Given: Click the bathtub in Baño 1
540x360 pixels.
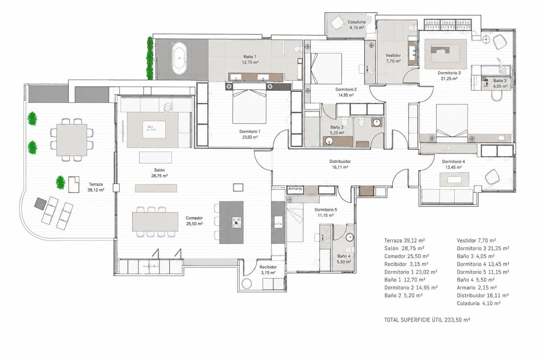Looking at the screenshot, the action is [x=179, y=58].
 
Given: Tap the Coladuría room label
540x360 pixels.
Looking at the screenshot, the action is [x=356, y=25].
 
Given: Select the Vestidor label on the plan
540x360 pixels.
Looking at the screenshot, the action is [x=393, y=58].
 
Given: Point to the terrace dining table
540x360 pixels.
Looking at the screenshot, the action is [x=72, y=140].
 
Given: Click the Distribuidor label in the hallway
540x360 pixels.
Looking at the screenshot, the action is [x=340, y=164].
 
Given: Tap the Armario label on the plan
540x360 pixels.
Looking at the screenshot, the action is [x=295, y=189].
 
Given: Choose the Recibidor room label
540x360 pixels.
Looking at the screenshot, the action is [x=268, y=270].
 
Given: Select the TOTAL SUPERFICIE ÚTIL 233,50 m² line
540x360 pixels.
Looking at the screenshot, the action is [x=427, y=320].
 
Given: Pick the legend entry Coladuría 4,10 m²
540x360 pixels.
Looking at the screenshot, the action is [x=478, y=303].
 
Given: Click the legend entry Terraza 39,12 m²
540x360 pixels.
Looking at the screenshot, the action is [x=404, y=240].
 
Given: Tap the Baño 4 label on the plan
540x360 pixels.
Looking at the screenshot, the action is [x=344, y=259].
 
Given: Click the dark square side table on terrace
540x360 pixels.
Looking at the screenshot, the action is [x=41, y=203].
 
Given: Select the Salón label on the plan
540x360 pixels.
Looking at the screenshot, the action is [x=159, y=173].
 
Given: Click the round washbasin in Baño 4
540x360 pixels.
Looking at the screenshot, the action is [x=350, y=237].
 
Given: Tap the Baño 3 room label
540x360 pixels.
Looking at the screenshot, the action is [x=500, y=83].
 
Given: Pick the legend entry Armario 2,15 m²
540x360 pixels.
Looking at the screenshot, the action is [x=477, y=288].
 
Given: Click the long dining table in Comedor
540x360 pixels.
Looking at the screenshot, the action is [x=155, y=222].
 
